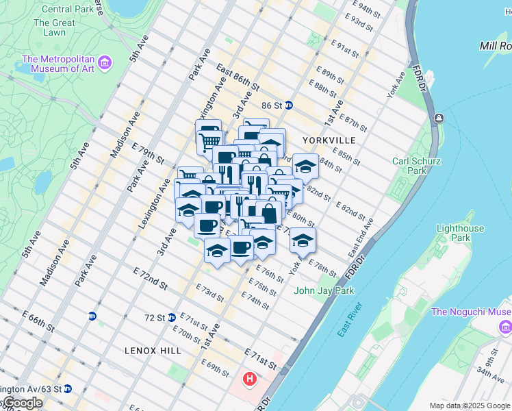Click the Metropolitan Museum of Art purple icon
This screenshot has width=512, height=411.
105,64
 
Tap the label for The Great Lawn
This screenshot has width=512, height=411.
49,27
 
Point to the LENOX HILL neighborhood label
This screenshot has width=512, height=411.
153,351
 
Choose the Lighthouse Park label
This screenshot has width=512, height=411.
460,233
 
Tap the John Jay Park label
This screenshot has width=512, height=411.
324,290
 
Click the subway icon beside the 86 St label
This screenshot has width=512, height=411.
289,105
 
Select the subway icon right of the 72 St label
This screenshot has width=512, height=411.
172,317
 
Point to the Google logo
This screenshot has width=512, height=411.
22,403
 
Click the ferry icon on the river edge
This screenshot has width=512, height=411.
438,119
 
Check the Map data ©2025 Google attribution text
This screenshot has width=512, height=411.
469,405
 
